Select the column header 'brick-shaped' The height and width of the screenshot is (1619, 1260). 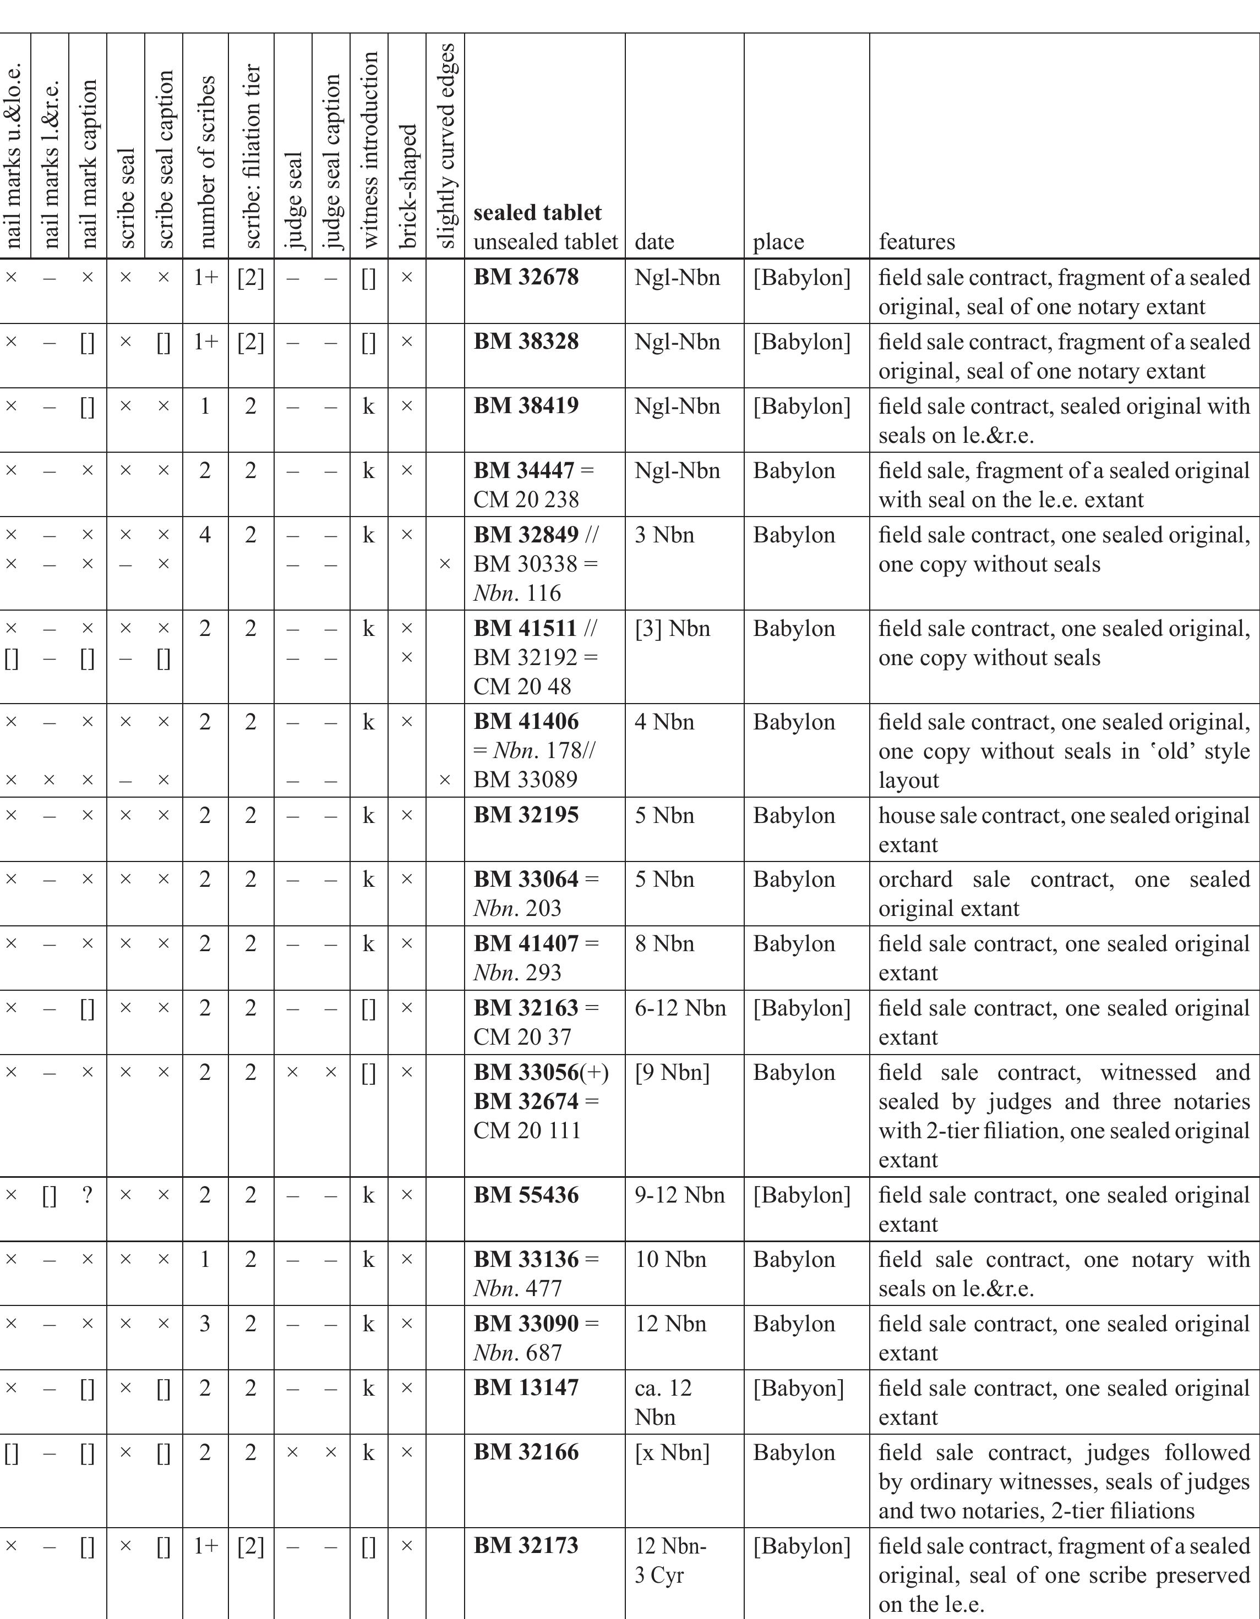[x=407, y=185]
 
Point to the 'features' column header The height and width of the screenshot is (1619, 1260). [x=917, y=242]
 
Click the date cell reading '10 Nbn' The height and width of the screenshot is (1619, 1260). [x=670, y=1259]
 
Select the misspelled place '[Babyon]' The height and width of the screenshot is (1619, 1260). [x=799, y=1388]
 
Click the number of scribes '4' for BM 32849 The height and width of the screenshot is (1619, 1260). [x=205, y=535]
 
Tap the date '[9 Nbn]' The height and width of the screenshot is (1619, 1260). [x=672, y=1072]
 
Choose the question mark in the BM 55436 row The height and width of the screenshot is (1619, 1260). [x=88, y=1195]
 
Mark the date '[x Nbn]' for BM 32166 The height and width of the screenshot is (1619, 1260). [x=672, y=1452]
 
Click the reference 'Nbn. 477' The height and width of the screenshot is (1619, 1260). [x=517, y=1288]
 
